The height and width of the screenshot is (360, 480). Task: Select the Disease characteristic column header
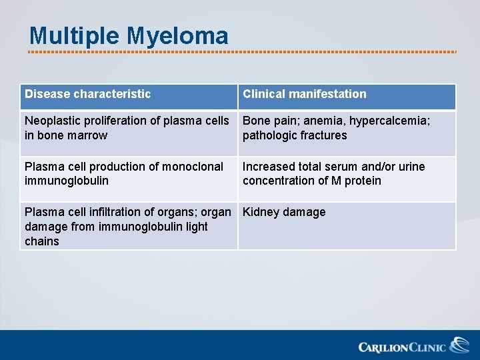click(88, 94)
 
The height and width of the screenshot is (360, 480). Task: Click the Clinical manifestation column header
click(305, 94)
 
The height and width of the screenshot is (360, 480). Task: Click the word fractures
click(323, 135)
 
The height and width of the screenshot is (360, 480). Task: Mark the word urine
click(411, 166)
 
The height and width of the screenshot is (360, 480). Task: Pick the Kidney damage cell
click(284, 212)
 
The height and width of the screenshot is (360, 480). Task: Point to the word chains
click(42, 241)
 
